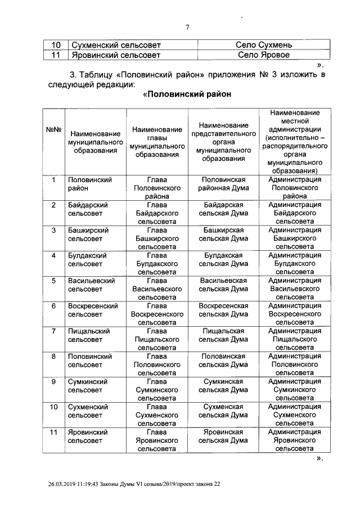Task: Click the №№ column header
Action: pyautogui.click(x=53, y=130)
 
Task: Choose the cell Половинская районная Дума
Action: pyautogui.click(x=223, y=183)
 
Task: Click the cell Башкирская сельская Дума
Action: pyautogui.click(x=223, y=234)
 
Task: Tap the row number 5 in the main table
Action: pyautogui.click(x=53, y=280)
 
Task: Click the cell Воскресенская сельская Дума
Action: pyautogui.click(x=223, y=310)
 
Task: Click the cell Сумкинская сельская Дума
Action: pyautogui.click(x=223, y=385)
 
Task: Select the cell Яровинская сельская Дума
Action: pyautogui.click(x=223, y=436)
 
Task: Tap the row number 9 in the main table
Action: pyautogui.click(x=53, y=381)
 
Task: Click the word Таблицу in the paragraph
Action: pyautogui.click(x=96, y=74)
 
